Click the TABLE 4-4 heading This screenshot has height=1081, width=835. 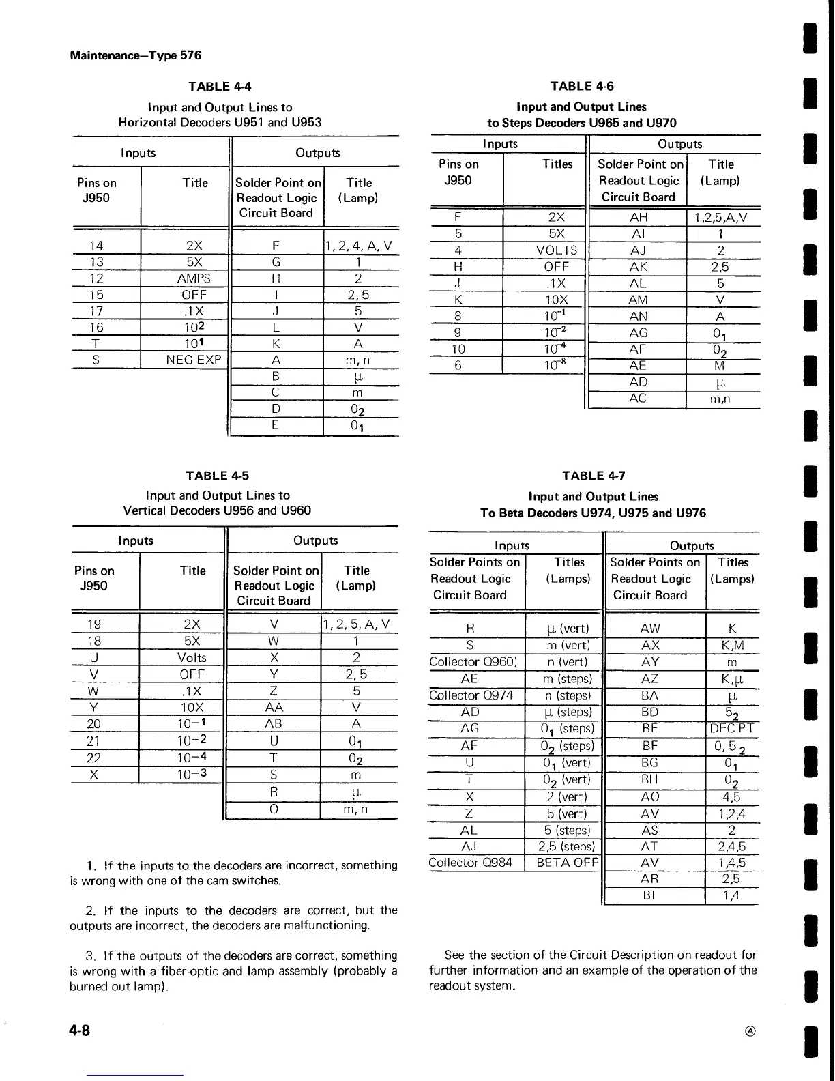[220, 86]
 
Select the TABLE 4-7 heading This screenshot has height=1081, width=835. [594, 476]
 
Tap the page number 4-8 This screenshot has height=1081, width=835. [80, 1030]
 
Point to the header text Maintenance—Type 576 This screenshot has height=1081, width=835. [135, 55]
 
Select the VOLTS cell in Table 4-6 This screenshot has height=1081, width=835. [557, 250]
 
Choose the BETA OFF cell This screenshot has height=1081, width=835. [567, 863]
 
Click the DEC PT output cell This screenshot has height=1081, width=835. [731, 728]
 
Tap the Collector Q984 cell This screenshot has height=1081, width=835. [470, 863]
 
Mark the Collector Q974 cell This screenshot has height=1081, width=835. [470, 695]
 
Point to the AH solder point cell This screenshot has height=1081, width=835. [639, 218]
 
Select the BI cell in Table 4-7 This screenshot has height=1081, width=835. [649, 895]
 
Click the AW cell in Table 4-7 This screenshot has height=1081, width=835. [650, 629]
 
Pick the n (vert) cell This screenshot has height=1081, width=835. [568, 662]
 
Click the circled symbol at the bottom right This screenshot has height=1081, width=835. [750, 1030]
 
